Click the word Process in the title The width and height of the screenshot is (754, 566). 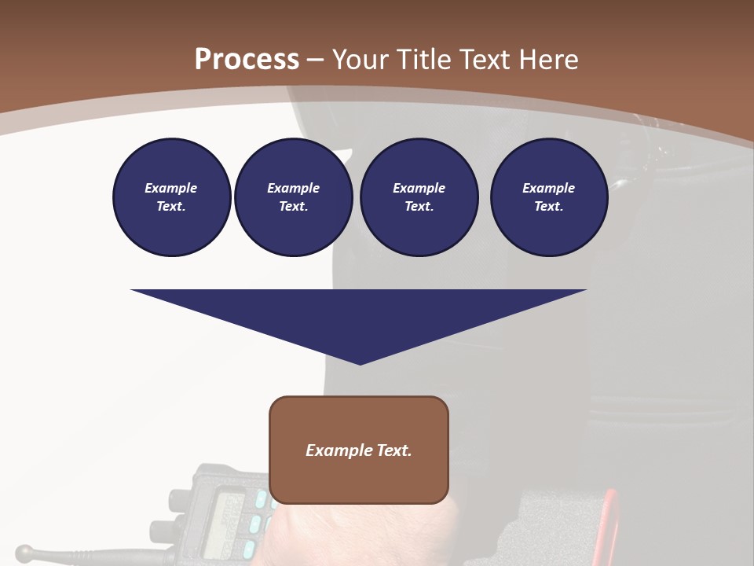[247, 60]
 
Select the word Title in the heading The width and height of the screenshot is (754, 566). [425, 60]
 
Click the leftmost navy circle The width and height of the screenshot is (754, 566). [171, 197]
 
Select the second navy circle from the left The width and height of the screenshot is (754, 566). [293, 197]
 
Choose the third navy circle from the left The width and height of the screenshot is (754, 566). [419, 197]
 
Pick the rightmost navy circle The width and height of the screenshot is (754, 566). [548, 197]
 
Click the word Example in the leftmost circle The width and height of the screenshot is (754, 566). [171, 188]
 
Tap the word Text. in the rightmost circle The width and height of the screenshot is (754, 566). [548, 207]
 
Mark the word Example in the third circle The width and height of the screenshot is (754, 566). [419, 188]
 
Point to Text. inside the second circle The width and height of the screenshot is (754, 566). [293, 207]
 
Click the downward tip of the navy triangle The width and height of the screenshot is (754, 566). [360, 362]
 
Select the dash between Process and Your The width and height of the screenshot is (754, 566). [316, 60]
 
